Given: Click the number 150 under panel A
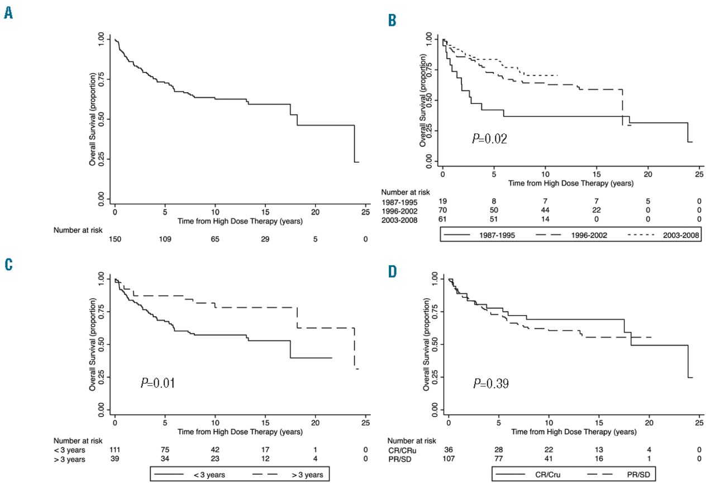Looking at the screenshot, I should click(115, 239).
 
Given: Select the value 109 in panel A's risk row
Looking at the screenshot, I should click(165, 239).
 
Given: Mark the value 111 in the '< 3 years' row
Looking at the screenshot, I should click(116, 449).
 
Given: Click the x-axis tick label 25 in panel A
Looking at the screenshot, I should click(365, 212).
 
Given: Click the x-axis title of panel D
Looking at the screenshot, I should click(574, 432).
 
